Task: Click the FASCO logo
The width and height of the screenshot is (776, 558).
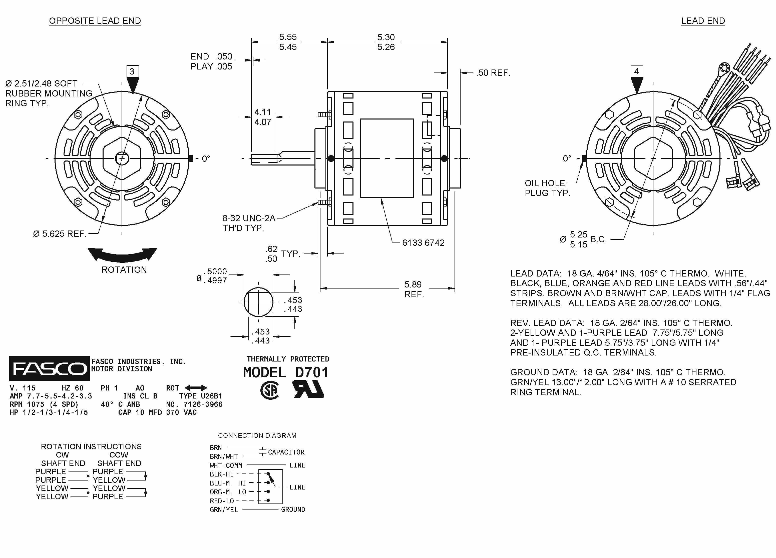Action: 49,368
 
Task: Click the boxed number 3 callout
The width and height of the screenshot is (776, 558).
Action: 132,71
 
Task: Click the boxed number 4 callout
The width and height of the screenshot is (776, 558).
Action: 636,71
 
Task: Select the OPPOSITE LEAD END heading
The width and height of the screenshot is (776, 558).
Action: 95,21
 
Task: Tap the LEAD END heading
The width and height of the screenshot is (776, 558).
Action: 703,21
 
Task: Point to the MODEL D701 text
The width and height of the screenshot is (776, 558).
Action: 286,372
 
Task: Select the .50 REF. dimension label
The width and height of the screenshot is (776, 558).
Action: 493,73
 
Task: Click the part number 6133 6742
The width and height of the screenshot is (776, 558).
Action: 423,243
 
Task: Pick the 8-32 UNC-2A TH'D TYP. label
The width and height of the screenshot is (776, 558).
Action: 249,223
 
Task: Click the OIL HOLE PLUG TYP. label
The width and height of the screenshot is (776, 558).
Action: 547,188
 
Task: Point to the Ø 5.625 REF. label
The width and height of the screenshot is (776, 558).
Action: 60,234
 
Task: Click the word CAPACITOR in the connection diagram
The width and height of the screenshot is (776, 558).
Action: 286,452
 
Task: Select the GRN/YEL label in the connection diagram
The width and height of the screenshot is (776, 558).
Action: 224,510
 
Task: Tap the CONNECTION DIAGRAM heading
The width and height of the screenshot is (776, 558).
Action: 257,435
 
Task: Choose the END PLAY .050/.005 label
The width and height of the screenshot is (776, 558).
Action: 211,61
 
